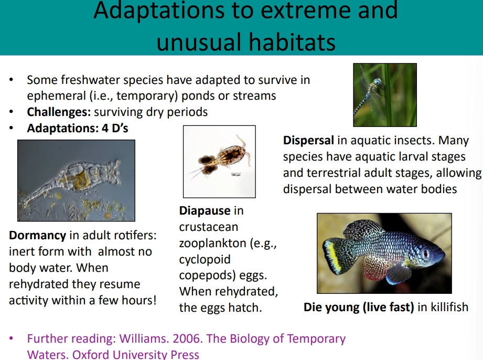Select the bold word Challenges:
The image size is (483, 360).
pyautogui.click(x=59, y=112)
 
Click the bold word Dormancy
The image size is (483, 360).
pyautogui.click(x=37, y=236)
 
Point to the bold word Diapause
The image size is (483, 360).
pyautogui.click(x=205, y=211)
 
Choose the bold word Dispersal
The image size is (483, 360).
pyautogui.click(x=308, y=141)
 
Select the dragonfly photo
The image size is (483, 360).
pyautogui.click(x=384, y=95)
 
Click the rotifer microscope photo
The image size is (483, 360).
pyautogui.click(x=76, y=181)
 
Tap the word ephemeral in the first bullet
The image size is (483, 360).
pyautogui.click(x=51, y=96)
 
